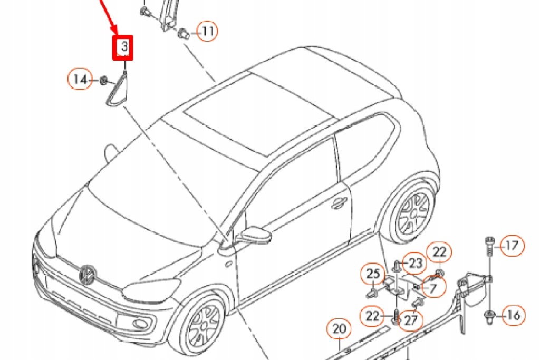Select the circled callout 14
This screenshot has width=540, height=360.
tap(80, 80)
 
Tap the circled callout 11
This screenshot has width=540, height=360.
tap(207, 32)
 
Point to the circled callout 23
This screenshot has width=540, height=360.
tap(416, 262)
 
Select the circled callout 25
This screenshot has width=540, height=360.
tap(373, 274)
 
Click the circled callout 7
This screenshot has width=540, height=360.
tap(433, 288)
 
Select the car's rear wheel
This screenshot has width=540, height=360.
tap(413, 211)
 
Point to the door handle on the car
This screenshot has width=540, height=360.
tap(338, 203)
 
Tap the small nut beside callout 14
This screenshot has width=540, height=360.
tap(104, 80)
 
